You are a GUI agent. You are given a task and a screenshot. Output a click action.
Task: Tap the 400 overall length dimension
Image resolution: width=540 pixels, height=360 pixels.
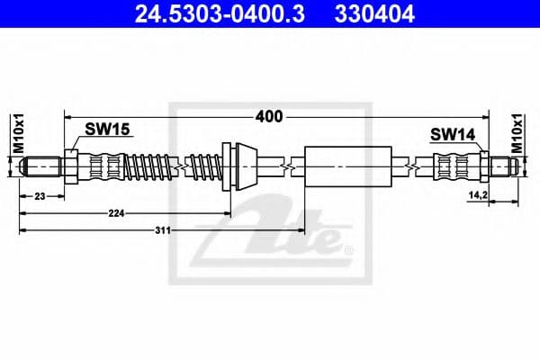(270, 116)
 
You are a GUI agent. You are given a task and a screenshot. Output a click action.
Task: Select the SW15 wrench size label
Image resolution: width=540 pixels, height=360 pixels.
(108, 129)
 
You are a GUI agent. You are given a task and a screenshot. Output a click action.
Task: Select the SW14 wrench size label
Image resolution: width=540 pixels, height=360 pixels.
(452, 134)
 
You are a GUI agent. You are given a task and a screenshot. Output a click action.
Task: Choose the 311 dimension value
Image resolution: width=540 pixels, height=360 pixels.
(162, 230)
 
